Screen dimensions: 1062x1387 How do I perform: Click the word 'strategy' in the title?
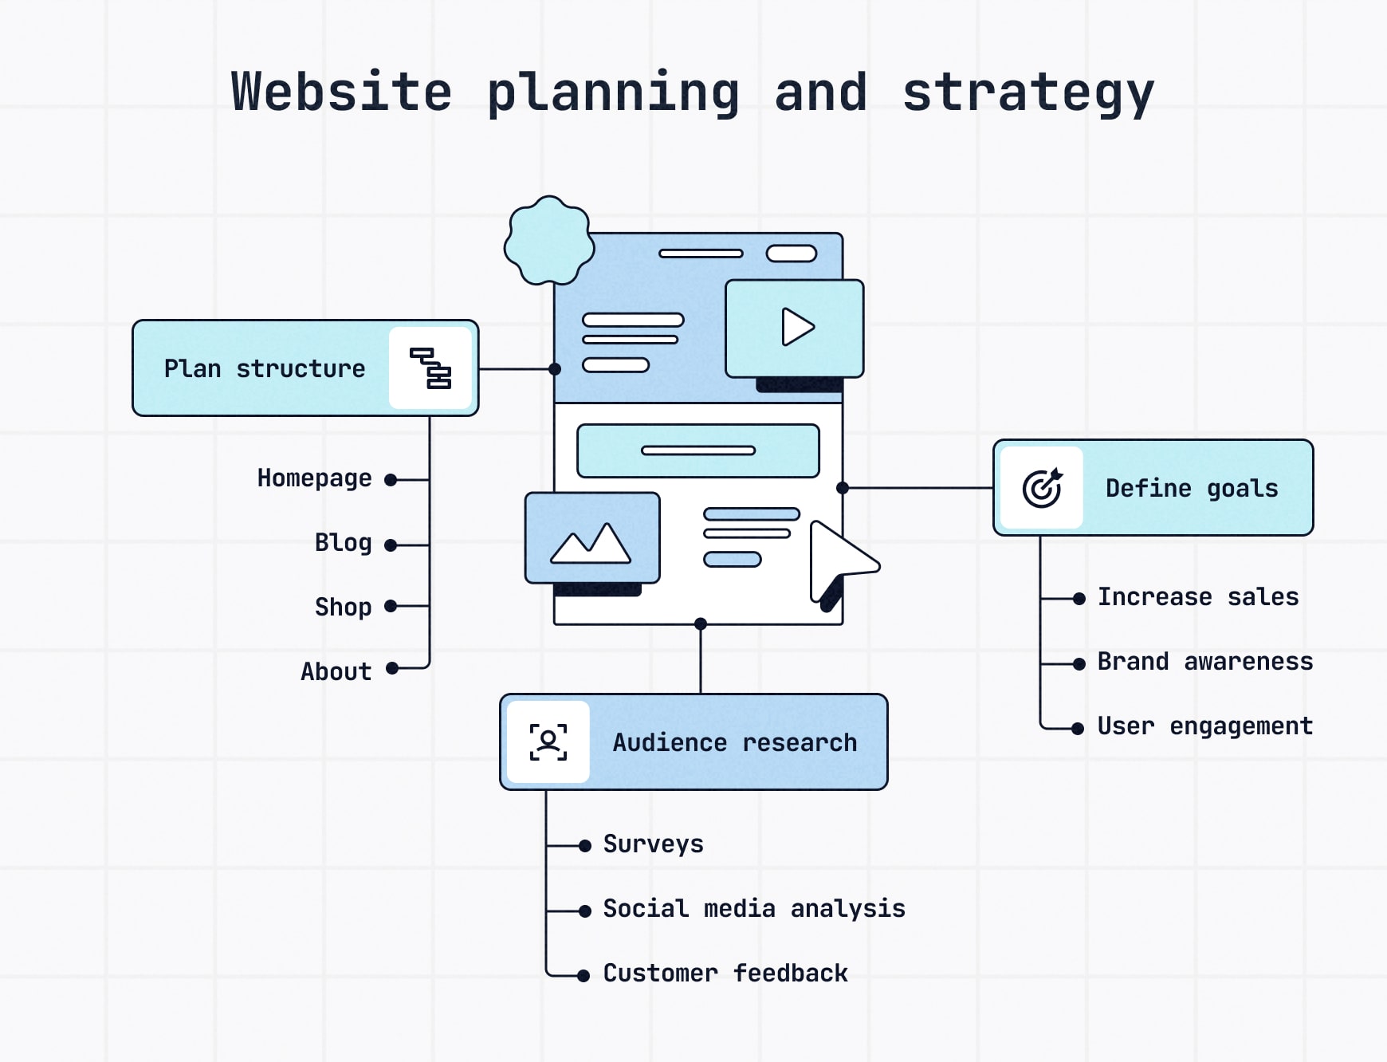point(1027,92)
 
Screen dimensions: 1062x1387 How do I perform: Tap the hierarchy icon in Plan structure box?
point(430,368)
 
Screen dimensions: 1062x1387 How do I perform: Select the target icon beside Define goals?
point(1042,488)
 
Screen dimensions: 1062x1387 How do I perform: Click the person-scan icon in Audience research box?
point(548,742)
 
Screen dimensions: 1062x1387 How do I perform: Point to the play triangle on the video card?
point(797,327)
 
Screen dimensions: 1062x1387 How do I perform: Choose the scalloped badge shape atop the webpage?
point(549,241)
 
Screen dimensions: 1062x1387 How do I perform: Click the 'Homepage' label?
point(314,478)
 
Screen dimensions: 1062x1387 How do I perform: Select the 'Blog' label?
point(343,543)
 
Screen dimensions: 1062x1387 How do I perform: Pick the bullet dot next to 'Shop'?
point(391,607)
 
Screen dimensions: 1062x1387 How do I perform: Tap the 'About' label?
point(336,672)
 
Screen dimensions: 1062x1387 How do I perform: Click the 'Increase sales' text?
point(1197,597)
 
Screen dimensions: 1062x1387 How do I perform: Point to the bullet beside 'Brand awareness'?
point(1079,663)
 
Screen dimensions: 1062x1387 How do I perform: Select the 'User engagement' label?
point(1204,726)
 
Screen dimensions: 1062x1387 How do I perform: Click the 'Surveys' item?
point(653,844)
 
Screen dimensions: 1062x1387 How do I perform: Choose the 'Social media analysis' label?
point(753,909)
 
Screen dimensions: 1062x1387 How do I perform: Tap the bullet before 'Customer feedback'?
point(583,975)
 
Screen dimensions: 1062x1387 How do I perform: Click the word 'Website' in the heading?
point(341,92)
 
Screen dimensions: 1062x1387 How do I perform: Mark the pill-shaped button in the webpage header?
point(791,254)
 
